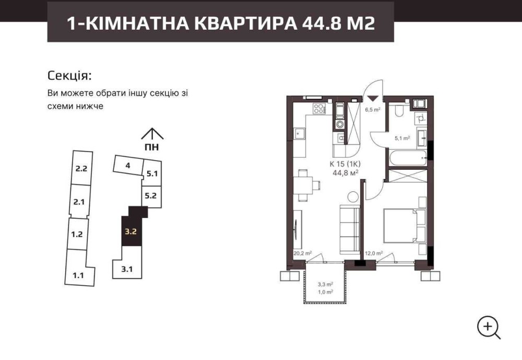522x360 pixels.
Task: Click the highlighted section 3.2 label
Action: (x=131, y=231)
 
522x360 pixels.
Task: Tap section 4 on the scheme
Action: (x=128, y=165)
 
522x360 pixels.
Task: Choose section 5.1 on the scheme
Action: (x=152, y=173)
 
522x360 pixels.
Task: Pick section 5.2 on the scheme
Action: (x=150, y=195)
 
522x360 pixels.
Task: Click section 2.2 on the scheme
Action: (x=81, y=169)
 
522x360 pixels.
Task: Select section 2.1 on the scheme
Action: (x=79, y=202)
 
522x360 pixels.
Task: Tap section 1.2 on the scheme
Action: (x=77, y=234)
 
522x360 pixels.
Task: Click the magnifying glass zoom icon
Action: (x=489, y=328)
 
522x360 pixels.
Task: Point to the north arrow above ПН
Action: (x=152, y=134)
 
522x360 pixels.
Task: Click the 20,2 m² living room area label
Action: (x=303, y=253)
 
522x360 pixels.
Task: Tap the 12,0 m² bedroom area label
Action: (x=374, y=253)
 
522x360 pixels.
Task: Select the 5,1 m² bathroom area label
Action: (x=402, y=138)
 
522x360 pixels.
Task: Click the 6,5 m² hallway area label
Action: (x=373, y=109)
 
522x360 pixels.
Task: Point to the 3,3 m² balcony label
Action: (x=325, y=285)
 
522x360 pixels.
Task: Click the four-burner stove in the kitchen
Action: (x=319, y=109)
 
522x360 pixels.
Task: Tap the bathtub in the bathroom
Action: (x=408, y=158)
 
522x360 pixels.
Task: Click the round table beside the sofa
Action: (x=353, y=196)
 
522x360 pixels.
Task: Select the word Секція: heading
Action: (x=69, y=76)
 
